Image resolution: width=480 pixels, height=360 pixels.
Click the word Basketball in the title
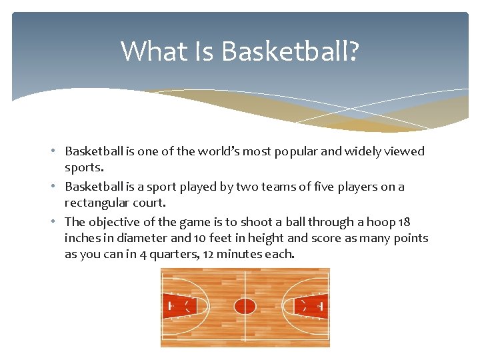[x=289, y=51]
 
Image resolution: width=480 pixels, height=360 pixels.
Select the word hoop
[x=378, y=222]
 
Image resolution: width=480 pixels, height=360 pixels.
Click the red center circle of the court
[x=245, y=306]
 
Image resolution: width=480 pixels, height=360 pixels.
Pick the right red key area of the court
[x=311, y=306]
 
